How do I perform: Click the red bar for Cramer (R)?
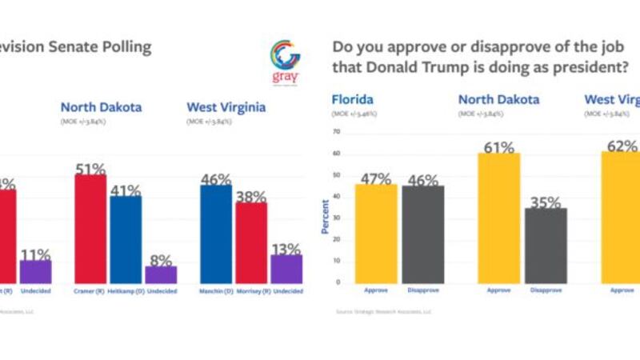[90, 228]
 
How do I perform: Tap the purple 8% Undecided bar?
[160, 274]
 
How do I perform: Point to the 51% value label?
[90, 170]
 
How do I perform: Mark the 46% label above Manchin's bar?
[215, 179]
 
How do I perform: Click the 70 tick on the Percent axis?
[336, 131]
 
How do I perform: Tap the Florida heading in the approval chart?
[353, 99]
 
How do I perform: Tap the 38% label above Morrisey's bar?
[250, 197]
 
